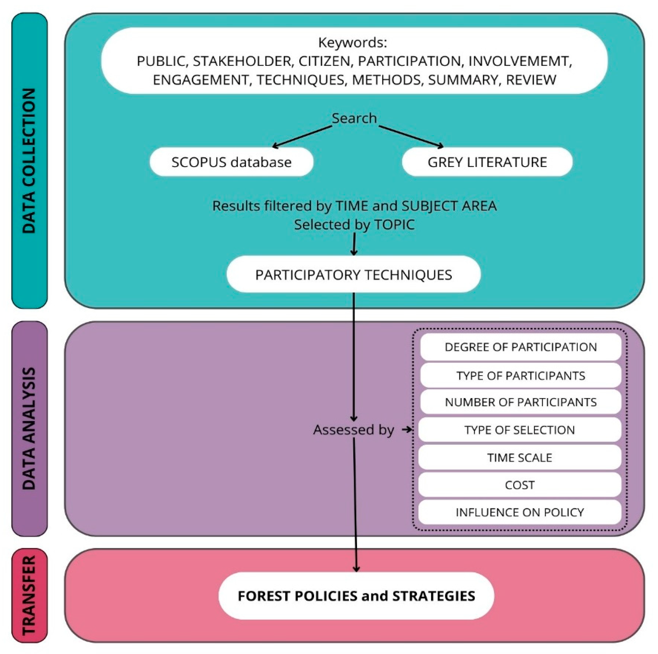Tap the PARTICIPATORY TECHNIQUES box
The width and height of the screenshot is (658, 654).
pos(353,274)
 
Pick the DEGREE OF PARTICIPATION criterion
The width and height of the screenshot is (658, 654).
pos(520,347)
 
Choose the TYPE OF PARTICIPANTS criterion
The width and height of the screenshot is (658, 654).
pos(520,376)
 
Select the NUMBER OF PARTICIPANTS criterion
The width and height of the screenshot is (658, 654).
pos(520,402)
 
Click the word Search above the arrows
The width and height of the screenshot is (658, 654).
pos(354,118)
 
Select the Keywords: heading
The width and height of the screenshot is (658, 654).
pos(353,43)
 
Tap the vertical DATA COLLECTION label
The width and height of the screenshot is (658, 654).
pos(29,161)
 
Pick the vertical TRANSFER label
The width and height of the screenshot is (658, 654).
pos(29,595)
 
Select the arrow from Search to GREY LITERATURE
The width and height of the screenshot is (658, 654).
pos(411,136)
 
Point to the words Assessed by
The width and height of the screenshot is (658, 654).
pos(353,430)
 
